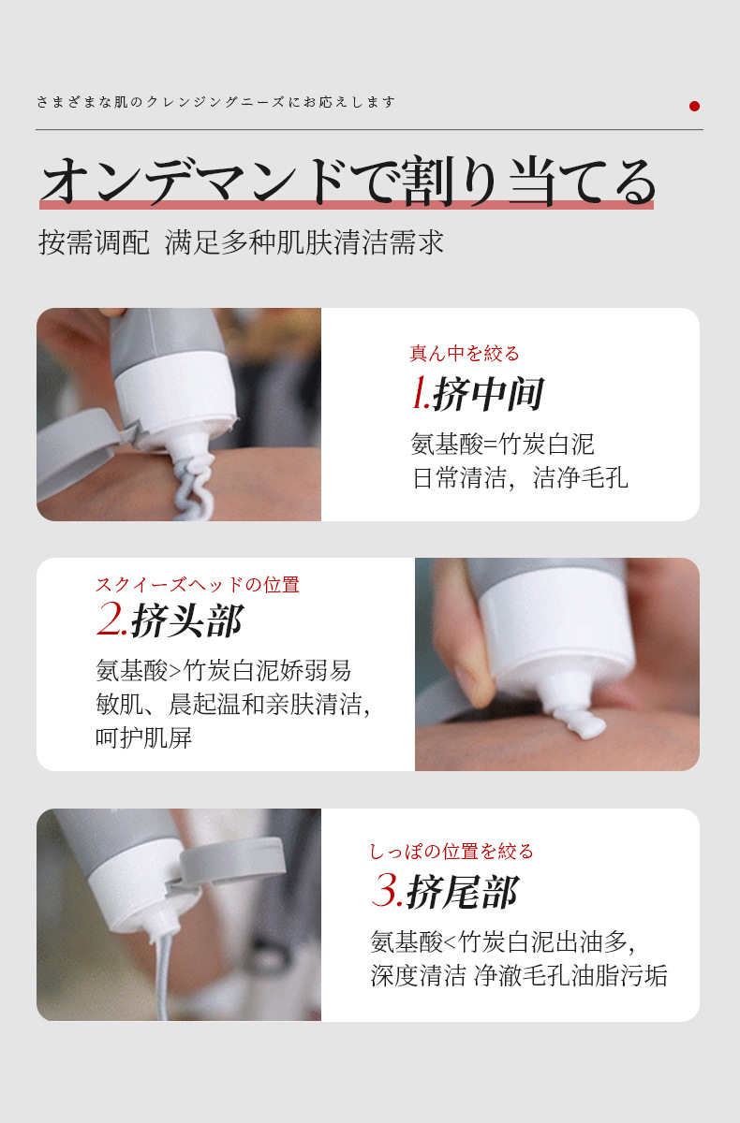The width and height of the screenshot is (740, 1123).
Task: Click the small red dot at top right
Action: point(694,106)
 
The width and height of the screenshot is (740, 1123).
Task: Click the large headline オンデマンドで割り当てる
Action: point(347,181)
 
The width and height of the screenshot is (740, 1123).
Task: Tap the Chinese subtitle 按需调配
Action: point(94,242)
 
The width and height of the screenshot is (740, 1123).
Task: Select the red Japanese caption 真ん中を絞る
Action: point(465,354)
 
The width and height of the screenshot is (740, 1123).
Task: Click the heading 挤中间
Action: point(488,395)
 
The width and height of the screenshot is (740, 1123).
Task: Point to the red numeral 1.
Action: point(420,395)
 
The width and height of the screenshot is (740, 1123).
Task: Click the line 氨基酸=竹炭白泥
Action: point(503,444)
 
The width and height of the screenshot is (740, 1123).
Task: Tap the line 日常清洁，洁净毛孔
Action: point(520,478)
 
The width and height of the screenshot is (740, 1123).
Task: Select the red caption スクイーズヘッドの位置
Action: point(198,585)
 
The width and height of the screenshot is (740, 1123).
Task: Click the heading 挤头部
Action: point(187,620)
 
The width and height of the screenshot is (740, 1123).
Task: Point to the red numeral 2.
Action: point(111,620)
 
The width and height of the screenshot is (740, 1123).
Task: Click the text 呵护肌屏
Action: point(143,737)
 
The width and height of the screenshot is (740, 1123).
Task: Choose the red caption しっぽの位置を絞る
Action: point(451,852)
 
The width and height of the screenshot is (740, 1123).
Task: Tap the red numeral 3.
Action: point(387,892)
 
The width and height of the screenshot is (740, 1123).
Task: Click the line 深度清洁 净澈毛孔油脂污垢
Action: point(519,975)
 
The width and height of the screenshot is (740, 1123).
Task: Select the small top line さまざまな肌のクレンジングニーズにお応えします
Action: point(216,102)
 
